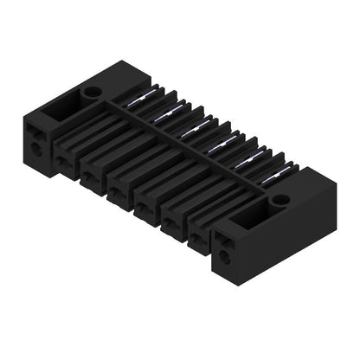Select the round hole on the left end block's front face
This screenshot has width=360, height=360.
tap(35, 148)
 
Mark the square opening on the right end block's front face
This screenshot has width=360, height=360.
tap(224, 241)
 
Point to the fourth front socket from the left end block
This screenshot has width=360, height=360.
tap(145, 208)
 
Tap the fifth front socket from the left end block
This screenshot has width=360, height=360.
tap(171, 223)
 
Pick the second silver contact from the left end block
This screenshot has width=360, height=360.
tap(164, 113)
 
